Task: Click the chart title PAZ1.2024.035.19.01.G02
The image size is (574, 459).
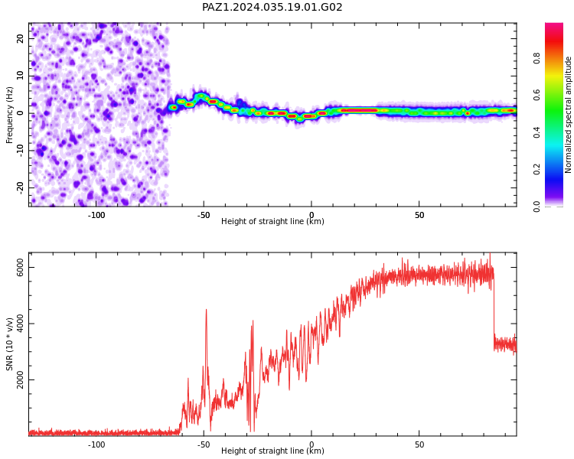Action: tap(272, 7)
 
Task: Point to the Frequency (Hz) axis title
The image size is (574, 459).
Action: tap(9, 115)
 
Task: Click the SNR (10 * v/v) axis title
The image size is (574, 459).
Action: tap(9, 344)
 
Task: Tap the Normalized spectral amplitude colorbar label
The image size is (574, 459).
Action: tap(568, 115)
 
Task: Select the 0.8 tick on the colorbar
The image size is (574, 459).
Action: tap(536, 58)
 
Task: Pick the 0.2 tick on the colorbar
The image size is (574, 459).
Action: tap(536, 169)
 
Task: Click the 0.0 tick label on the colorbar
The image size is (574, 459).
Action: tap(536, 207)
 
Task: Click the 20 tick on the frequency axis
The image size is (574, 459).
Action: tap(20, 38)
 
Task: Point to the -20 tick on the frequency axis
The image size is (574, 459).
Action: tap(20, 187)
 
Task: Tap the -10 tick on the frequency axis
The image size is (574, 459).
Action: tap(20, 151)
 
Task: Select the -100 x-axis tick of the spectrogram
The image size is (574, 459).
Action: tap(96, 215)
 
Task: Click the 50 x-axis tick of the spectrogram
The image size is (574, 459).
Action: tap(419, 215)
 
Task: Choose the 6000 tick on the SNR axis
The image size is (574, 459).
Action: tap(20, 267)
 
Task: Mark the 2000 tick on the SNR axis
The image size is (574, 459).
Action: tap(20, 379)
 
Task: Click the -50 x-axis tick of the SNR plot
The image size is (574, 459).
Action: tap(204, 444)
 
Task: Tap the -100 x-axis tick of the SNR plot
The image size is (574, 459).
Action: tap(96, 444)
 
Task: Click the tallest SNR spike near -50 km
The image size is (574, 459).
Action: tap(206, 310)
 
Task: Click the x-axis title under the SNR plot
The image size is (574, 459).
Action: tap(272, 451)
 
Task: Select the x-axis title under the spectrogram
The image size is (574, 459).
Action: tap(272, 221)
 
